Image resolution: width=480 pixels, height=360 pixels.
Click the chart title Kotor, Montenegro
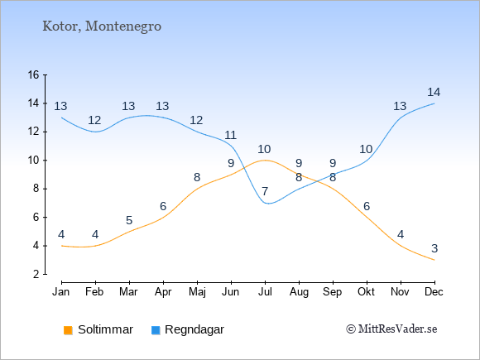pyautogui.click(x=102, y=26)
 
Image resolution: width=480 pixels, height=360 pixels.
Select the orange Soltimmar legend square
pyautogui.click(x=68, y=330)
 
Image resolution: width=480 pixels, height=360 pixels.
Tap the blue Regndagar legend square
pyautogui.click(x=156, y=330)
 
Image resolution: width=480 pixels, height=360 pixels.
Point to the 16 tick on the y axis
pyautogui.click(x=34, y=74)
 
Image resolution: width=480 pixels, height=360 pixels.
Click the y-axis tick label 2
pyautogui.click(x=36, y=274)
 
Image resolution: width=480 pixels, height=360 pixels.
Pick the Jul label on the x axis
pyautogui.click(x=265, y=292)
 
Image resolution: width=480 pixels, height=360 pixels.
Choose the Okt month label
pyautogui.click(x=366, y=292)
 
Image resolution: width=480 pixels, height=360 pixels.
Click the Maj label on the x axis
pyautogui.click(x=197, y=292)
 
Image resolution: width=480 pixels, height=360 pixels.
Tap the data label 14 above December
pyautogui.click(x=434, y=92)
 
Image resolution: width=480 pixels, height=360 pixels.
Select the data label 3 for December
pyautogui.click(x=434, y=248)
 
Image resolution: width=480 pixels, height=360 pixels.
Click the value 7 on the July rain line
pyautogui.click(x=265, y=192)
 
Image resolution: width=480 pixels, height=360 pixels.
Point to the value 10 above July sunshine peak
pyautogui.click(x=264, y=149)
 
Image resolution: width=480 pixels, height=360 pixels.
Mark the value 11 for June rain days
pyautogui.click(x=230, y=135)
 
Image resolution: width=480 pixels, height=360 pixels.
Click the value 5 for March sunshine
pyautogui.click(x=129, y=220)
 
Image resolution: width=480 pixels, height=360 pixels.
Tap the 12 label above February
pyautogui.click(x=94, y=120)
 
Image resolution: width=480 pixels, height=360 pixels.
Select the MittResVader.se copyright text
pyautogui.click(x=391, y=329)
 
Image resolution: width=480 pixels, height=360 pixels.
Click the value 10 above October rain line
pyautogui.click(x=366, y=149)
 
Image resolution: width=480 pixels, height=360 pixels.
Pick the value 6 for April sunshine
pyautogui.click(x=163, y=206)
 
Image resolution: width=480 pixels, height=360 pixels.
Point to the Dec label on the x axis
pyautogui.click(x=434, y=292)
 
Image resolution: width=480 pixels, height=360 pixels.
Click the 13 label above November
pyautogui.click(x=400, y=106)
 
